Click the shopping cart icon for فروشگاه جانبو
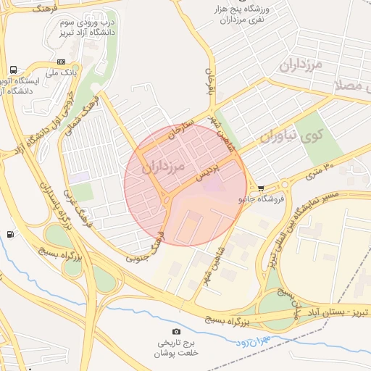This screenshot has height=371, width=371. (261, 187)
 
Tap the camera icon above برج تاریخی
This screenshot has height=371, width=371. (177, 332)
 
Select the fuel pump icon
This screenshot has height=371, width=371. (9, 234)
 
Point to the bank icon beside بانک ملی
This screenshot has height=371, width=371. (61, 62)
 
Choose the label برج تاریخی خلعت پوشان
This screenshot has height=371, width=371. (177, 349)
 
